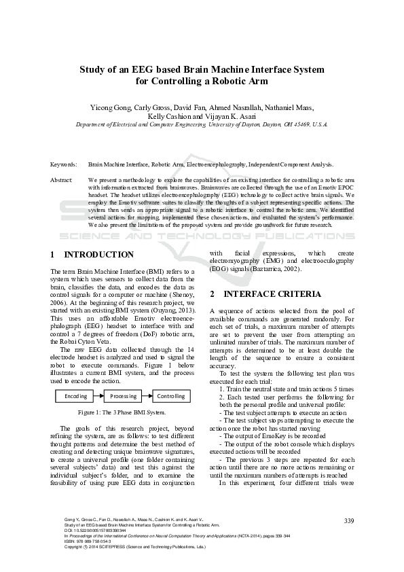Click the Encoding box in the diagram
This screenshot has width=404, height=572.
pyautogui.click(x=75, y=396)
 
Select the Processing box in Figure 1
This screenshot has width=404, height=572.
pyautogui.click(x=124, y=396)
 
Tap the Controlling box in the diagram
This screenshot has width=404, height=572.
pyautogui.click(x=171, y=396)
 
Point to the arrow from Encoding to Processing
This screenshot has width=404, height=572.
pyautogui.click(x=99, y=396)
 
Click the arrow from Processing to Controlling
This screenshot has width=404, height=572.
pyautogui.click(x=147, y=396)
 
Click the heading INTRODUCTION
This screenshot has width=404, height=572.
pyautogui.click(x=98, y=255)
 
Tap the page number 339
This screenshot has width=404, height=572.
pyautogui.click(x=349, y=521)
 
